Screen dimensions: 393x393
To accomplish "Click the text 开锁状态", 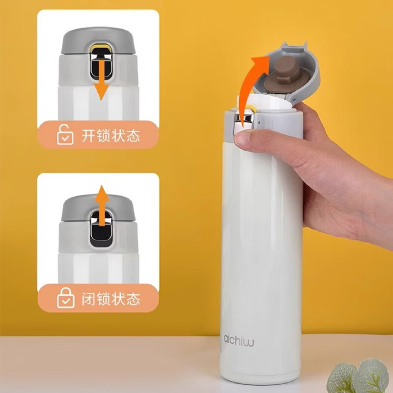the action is (111, 136).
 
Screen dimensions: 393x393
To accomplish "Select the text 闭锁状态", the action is (111, 299).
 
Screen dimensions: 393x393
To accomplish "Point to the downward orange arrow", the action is (101, 78).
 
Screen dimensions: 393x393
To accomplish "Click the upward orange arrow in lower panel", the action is (102, 205).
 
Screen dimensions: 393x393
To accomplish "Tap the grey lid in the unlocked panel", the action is (98, 41).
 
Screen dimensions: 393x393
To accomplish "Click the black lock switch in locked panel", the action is (101, 228).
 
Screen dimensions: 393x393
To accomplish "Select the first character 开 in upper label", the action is (88, 136).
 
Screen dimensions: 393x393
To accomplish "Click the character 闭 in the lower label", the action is (88, 299).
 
